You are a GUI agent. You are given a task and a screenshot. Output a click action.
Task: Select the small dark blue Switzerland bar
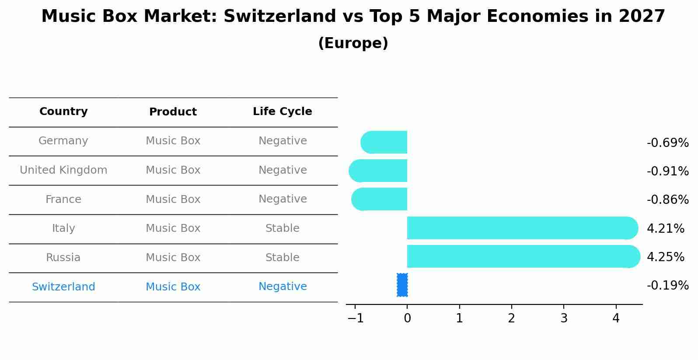tap(402, 285)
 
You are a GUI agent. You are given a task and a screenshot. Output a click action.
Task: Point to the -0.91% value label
tap(667, 171)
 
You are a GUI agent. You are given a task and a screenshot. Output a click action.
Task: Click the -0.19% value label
tap(667, 285)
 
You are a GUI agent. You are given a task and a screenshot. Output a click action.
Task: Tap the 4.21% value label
tap(665, 228)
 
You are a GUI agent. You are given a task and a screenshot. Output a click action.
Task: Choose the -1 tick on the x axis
tap(356, 318)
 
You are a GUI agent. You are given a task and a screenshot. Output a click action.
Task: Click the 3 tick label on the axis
tap(564, 318)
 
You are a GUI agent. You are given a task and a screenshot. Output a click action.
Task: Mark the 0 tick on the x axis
tap(407, 318)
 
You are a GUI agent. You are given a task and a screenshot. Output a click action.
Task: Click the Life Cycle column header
tap(282, 112)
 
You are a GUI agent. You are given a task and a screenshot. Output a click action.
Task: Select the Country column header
tap(63, 112)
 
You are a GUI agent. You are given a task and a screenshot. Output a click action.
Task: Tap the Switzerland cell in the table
tap(63, 287)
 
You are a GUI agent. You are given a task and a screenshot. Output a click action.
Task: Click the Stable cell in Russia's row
tap(282, 258)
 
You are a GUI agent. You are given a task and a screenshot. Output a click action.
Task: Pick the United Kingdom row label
tap(63, 170)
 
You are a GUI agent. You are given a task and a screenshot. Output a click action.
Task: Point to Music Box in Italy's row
tap(173, 228)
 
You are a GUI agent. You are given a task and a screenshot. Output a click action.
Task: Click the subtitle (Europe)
tap(353, 43)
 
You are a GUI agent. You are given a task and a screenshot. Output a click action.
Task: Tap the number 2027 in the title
tap(642, 17)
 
